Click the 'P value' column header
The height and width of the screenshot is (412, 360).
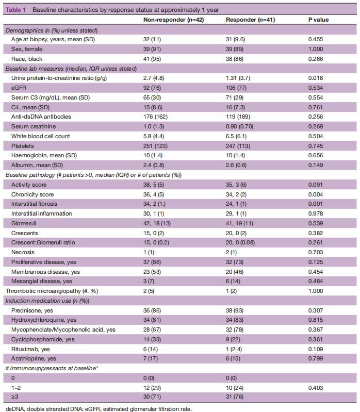tap(318, 20)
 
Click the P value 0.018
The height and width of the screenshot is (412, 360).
tap(316, 78)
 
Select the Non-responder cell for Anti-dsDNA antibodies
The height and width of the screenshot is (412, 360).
tap(155, 117)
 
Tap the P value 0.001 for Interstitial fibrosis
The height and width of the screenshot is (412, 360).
tap(316, 204)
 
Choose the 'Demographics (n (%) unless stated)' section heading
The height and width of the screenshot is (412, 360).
tap(52, 30)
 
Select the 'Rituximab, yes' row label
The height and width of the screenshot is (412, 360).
tap(31, 349)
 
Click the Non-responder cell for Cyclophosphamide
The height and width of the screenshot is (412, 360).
tap(152, 339)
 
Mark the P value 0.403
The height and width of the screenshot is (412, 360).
tap(316, 387)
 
